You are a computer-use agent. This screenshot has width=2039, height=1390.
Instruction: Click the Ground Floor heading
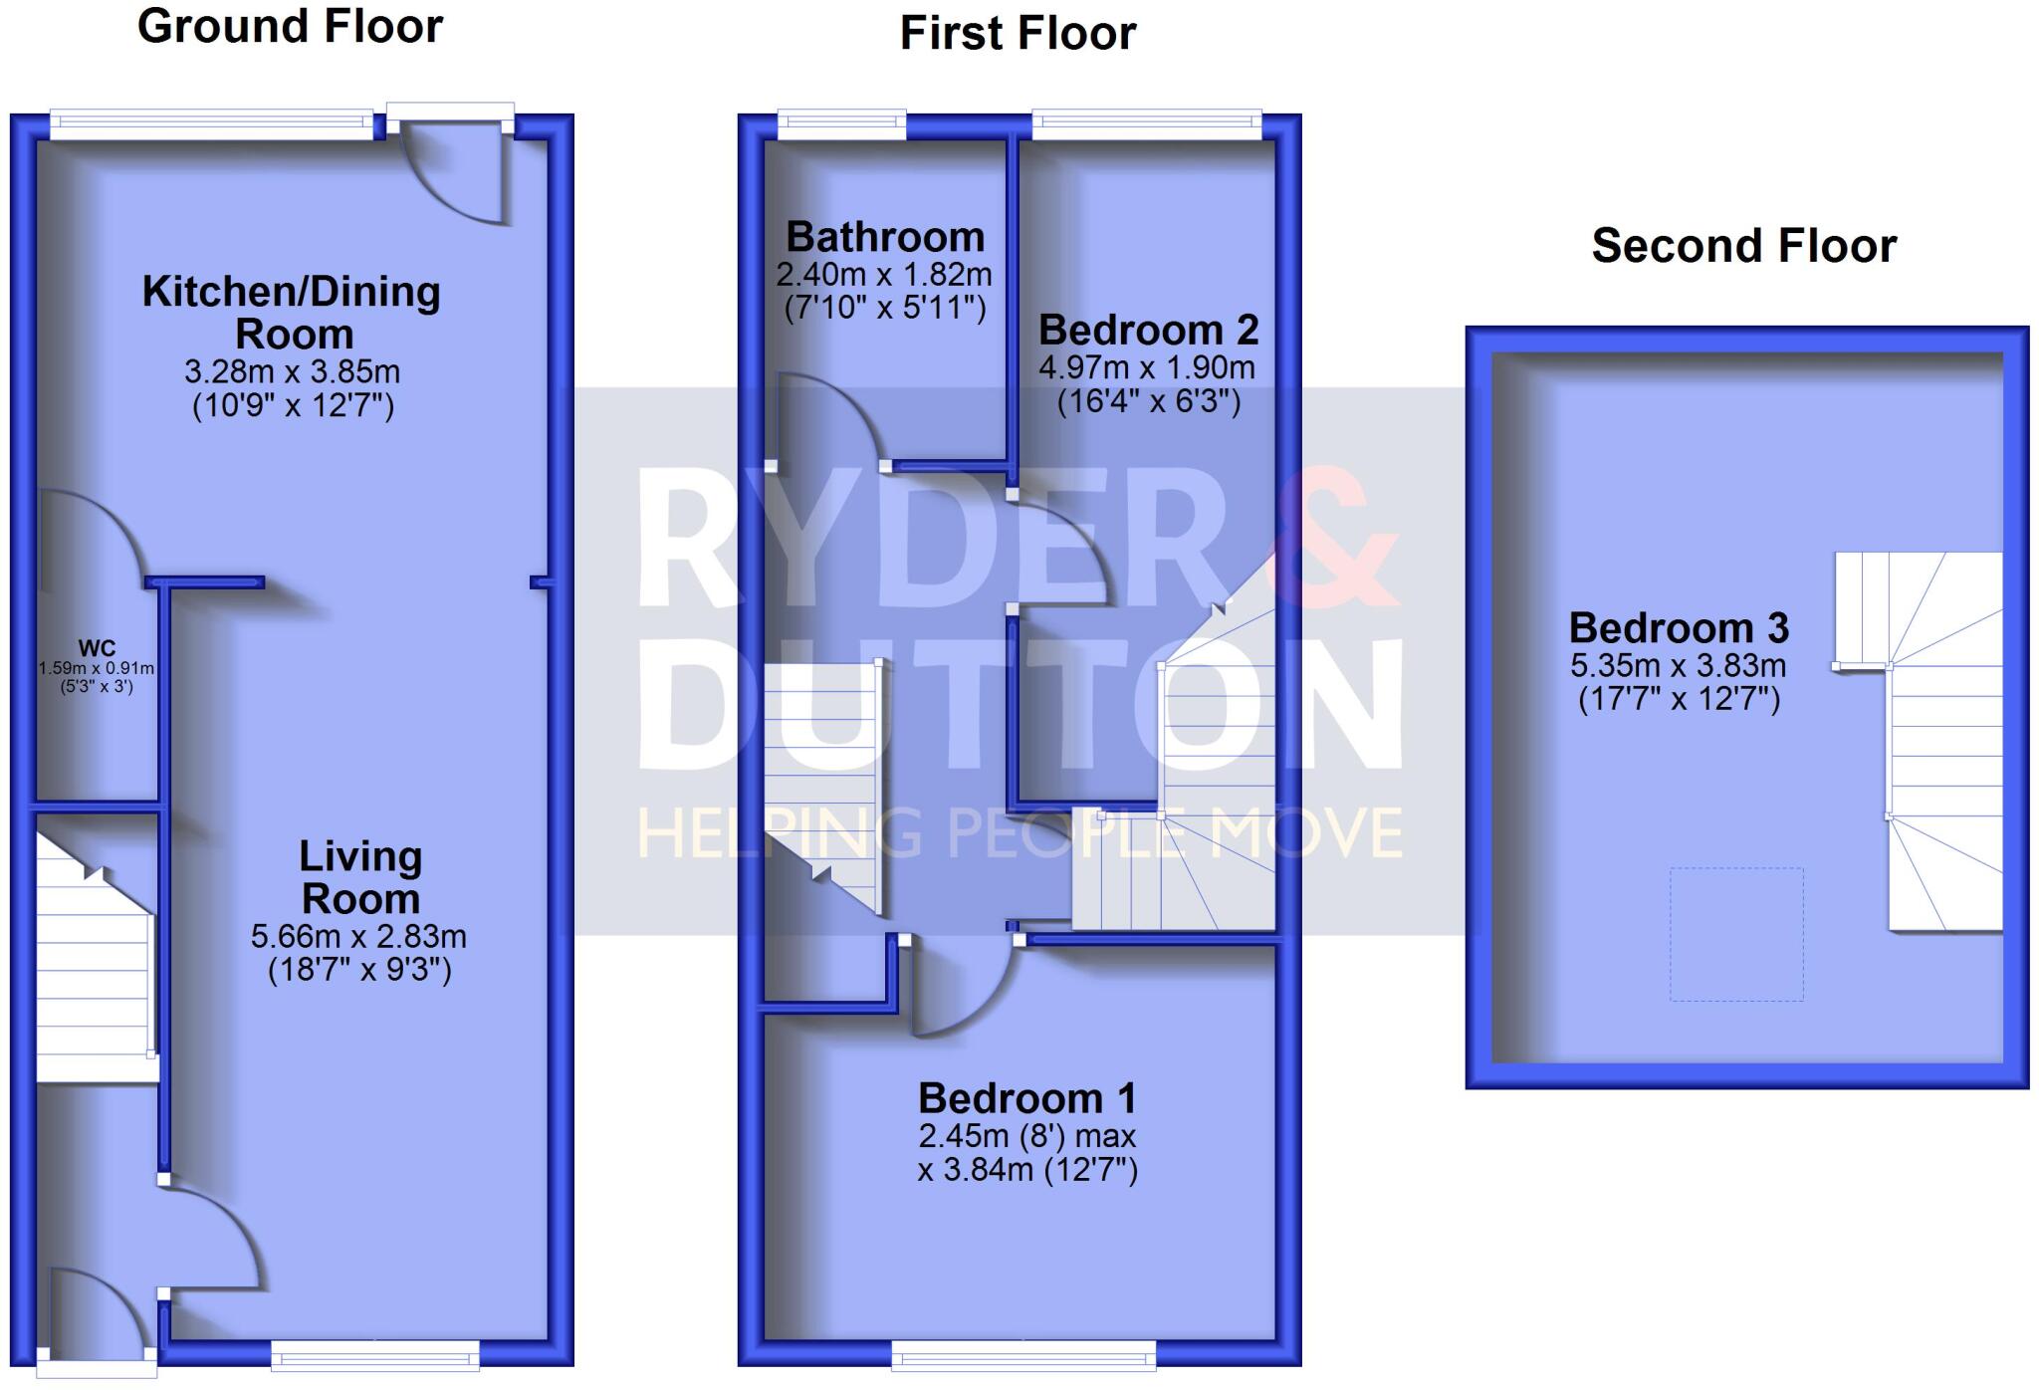tap(290, 26)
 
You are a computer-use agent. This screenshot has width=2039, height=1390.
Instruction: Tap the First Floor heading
tap(1018, 33)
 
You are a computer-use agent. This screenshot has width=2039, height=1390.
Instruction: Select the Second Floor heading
tap(1743, 246)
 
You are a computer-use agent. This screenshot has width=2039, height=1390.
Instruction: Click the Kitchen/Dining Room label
tap(292, 312)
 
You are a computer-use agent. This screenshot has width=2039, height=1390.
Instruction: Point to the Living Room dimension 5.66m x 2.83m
tap(358, 936)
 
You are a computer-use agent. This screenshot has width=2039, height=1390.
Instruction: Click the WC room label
tap(96, 648)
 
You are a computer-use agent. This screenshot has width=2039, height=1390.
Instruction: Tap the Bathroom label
tap(885, 237)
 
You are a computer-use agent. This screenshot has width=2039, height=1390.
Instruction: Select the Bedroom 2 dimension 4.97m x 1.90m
tap(1147, 367)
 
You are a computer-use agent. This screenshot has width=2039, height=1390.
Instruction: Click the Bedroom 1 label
tap(1026, 1098)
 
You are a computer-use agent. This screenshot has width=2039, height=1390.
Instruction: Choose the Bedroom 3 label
tap(1679, 628)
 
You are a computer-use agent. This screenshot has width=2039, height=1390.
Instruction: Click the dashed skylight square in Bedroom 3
tap(1736, 934)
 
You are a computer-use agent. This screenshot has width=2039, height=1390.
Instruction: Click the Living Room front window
tap(374, 1353)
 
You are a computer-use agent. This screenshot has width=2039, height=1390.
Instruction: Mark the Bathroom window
tap(841, 125)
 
